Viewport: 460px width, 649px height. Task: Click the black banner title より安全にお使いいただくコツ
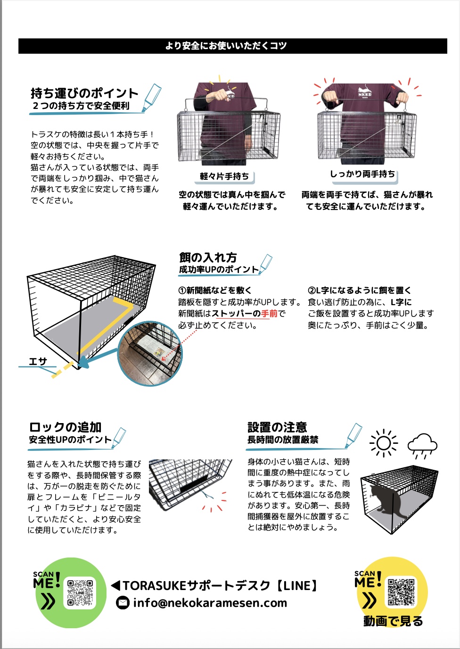click(226, 46)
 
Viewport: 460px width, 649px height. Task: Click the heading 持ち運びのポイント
click(84, 93)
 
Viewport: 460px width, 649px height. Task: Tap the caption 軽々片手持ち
click(224, 176)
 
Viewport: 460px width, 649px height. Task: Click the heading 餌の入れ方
click(208, 257)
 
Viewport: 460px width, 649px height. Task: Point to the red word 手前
click(269, 314)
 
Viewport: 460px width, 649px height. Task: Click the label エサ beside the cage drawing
click(38, 361)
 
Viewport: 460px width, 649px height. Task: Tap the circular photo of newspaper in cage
click(150, 353)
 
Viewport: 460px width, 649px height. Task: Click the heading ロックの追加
click(65, 427)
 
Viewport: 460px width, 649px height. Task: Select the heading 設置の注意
click(277, 427)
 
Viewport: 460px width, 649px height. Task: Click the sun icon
click(384, 443)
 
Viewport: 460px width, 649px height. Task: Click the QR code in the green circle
click(80, 593)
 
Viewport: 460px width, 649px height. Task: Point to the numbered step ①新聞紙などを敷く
click(215, 291)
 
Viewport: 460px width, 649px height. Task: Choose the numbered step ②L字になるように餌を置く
click(359, 291)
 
